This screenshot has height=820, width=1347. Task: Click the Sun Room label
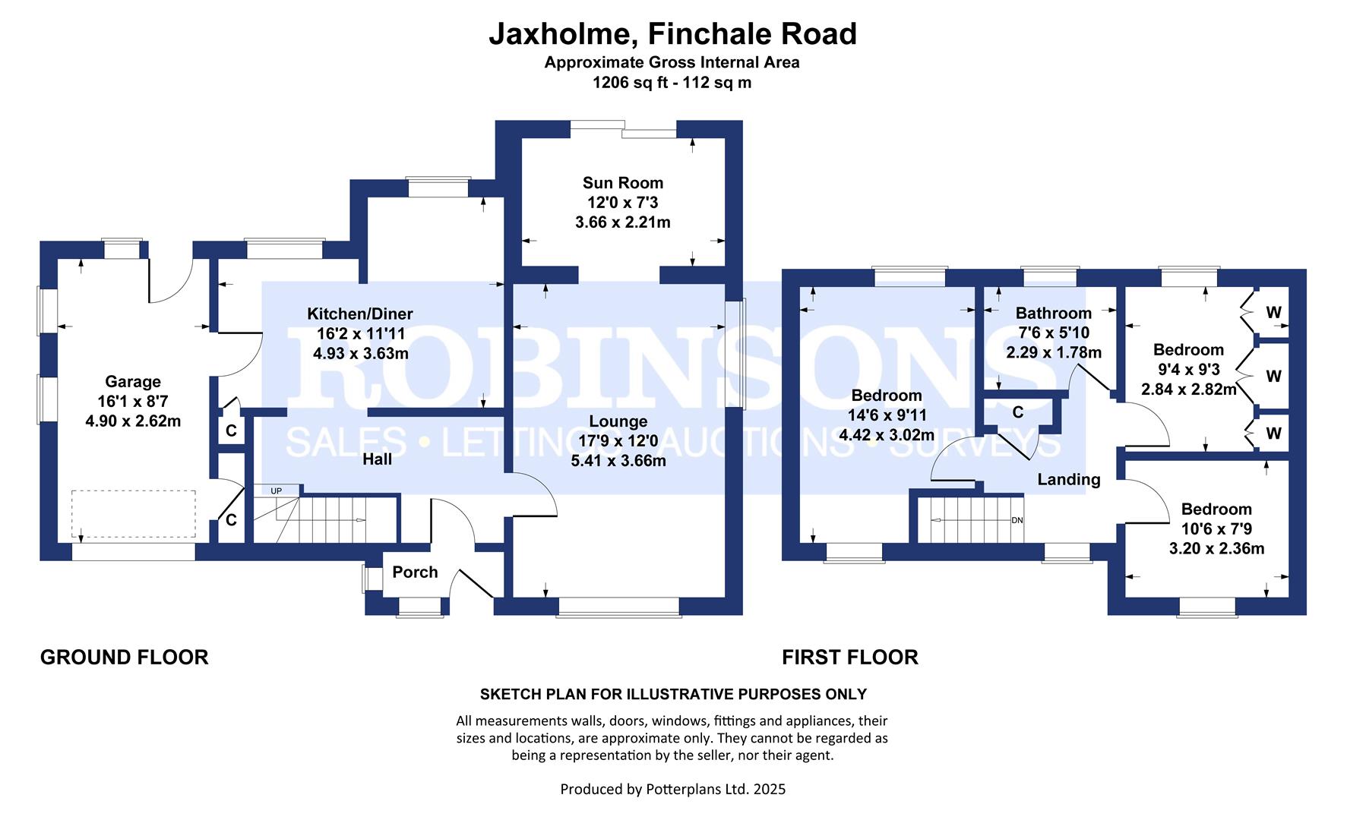(622, 183)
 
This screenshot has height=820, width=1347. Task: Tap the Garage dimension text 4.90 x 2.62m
(133, 421)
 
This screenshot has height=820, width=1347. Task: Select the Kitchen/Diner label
(359, 314)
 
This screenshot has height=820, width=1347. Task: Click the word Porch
(415, 572)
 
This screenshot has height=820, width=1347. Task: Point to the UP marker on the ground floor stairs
(276, 491)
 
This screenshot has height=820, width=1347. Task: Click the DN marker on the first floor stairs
(1017, 521)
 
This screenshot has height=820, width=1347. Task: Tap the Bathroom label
(1053, 313)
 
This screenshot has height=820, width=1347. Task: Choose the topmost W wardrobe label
(1273, 313)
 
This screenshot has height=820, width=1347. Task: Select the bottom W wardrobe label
(1273, 433)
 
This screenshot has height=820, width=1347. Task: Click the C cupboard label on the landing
(1017, 412)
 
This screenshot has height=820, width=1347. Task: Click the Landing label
(1068, 479)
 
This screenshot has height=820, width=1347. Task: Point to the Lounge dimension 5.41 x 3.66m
(618, 461)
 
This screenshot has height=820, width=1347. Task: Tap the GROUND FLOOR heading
(124, 658)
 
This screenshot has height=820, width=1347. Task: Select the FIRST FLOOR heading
(849, 658)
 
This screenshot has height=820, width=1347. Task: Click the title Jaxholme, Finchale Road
(672, 34)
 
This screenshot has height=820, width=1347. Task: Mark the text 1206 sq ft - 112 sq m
(672, 83)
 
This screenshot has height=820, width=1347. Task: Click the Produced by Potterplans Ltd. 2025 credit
(672, 790)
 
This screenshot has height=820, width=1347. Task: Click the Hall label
(377, 459)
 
